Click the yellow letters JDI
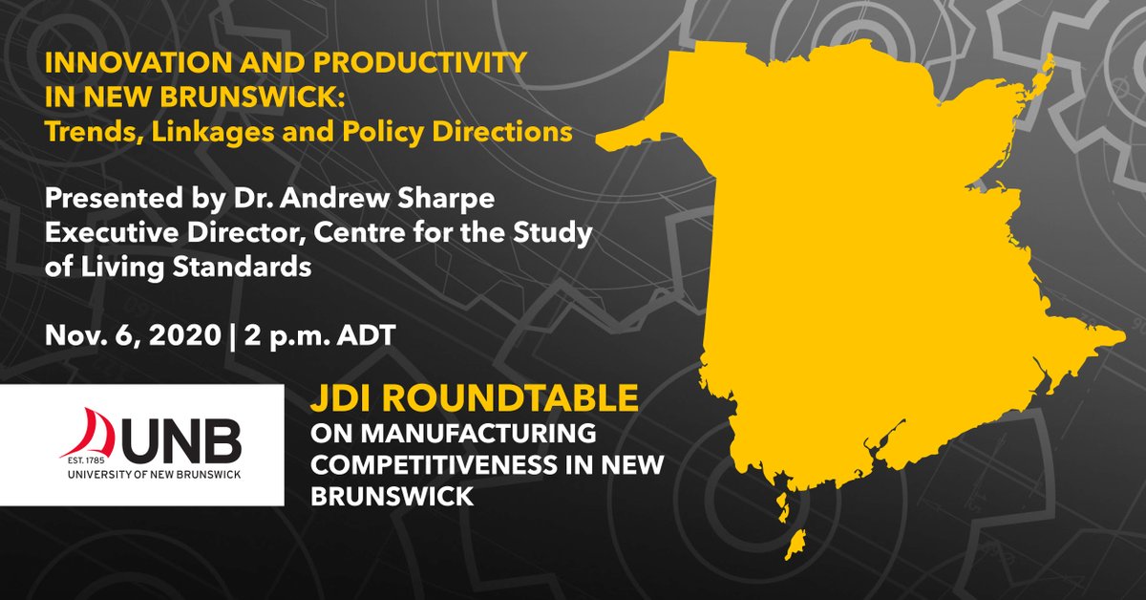347,400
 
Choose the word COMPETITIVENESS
421,463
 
